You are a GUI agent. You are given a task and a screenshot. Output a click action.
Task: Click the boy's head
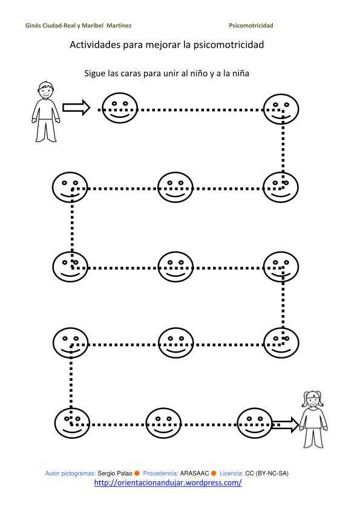46,90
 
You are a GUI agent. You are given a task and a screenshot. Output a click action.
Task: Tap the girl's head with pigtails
313,399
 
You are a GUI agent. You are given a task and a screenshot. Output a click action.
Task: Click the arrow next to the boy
76,108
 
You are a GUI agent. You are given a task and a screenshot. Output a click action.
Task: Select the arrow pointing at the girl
284,424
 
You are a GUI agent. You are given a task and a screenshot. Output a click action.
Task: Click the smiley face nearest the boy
120,108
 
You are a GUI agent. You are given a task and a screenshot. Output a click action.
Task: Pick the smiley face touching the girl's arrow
254,423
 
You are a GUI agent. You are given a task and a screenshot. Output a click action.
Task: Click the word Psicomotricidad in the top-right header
251,25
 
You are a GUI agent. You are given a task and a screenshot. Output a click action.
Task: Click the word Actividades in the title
95,45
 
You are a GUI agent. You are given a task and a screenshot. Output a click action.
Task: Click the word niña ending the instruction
240,73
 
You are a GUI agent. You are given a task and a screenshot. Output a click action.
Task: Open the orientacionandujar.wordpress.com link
168,483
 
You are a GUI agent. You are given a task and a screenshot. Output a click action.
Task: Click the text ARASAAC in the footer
194,473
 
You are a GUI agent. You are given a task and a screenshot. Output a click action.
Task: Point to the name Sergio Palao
115,473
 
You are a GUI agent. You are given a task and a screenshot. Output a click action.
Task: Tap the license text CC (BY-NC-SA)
267,473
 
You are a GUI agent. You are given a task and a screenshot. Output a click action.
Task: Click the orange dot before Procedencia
137,473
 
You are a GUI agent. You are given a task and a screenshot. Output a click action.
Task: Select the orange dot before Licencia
214,473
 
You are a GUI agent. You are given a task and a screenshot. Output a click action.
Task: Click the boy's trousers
46,130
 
